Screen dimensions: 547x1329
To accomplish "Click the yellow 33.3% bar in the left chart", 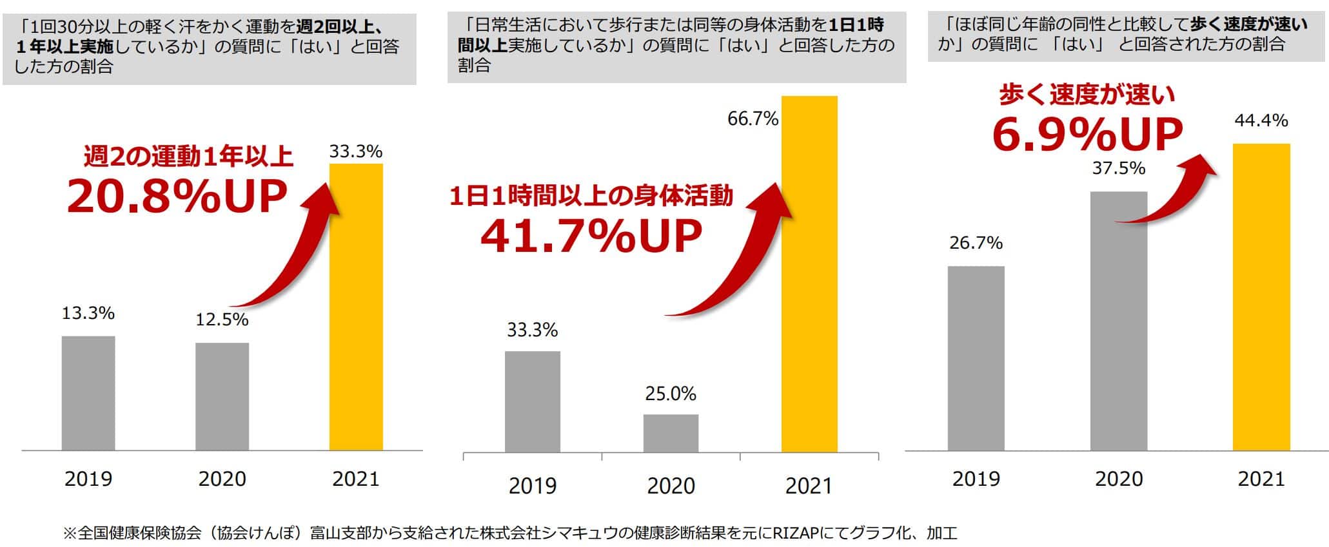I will [356, 307].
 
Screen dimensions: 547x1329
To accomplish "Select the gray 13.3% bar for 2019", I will [88, 393].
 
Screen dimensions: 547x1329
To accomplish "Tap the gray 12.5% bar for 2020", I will [222, 396].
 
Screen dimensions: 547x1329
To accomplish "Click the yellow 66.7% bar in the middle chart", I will [809, 274].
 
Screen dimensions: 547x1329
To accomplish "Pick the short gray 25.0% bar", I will [671, 433].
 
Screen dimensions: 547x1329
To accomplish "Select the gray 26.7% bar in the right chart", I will [976, 358].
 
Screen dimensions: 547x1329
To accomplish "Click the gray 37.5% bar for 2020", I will [1119, 321].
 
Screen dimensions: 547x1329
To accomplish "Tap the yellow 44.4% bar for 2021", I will [1261, 297].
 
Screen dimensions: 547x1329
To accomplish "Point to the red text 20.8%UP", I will [177, 197].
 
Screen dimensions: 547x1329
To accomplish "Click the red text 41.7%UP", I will [591, 236].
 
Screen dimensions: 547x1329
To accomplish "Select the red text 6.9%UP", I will [1087, 135].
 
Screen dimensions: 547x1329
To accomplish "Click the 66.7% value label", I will [753, 119].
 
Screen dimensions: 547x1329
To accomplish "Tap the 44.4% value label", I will [1261, 120].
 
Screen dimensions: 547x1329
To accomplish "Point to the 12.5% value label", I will [222, 320].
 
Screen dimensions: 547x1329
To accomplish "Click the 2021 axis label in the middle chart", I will [809, 486].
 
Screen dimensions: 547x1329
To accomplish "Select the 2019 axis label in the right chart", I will [976, 479].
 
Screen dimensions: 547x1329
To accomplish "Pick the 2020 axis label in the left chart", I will [222, 479].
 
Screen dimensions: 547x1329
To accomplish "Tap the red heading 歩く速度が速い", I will [1087, 95].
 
